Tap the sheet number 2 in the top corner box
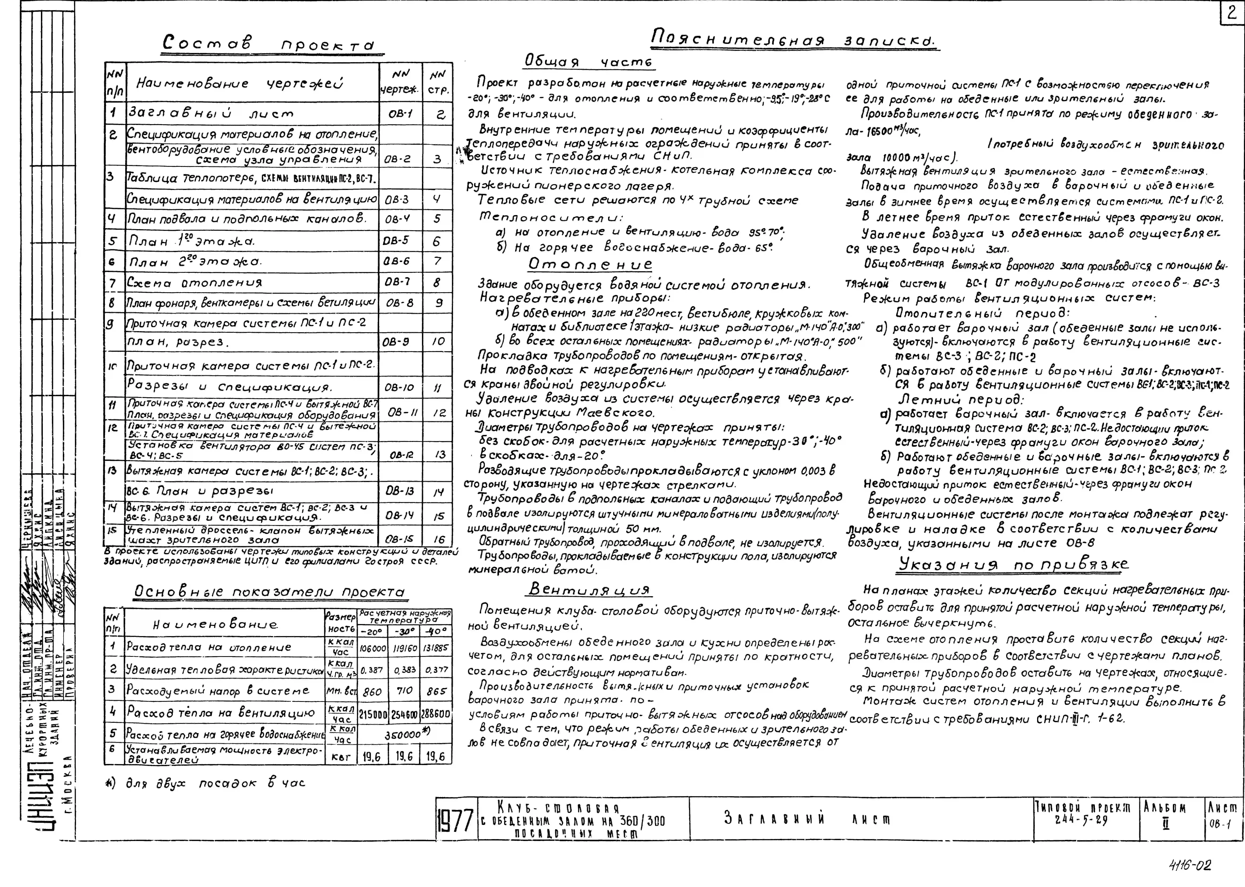[x=1231, y=13]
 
